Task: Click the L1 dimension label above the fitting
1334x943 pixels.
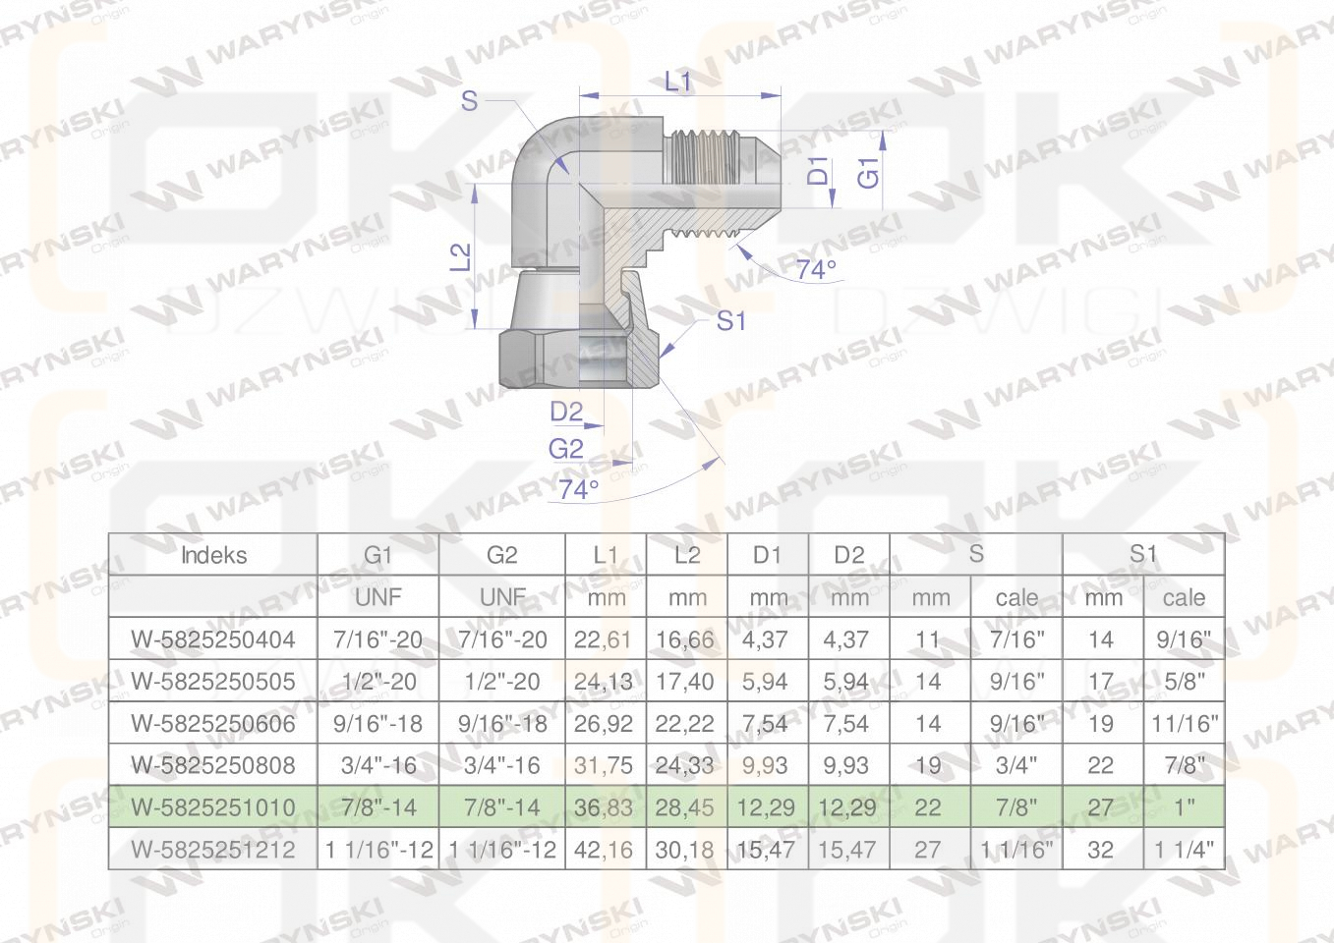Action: (677, 81)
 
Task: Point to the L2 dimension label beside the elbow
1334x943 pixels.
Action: (460, 257)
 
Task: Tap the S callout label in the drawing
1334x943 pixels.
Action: (469, 100)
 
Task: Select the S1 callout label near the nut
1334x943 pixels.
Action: (730, 321)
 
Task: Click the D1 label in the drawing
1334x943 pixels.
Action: (818, 171)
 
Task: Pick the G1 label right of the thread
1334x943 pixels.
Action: (868, 173)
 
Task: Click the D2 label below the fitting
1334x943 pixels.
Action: (566, 412)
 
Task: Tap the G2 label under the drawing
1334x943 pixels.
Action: (566, 449)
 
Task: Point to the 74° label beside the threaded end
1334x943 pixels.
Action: (816, 269)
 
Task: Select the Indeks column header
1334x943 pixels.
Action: (213, 555)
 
